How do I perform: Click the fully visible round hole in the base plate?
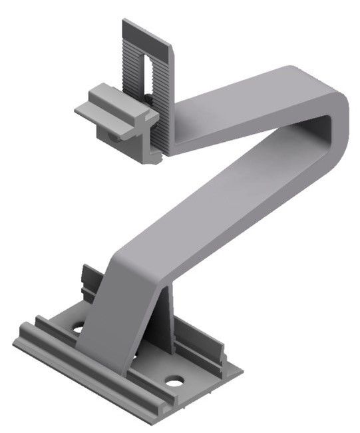tap(174, 383)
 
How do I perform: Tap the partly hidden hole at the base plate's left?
tap(79, 328)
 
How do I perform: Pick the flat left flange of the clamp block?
tap(85, 111)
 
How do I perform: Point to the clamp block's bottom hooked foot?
tap(152, 157)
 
